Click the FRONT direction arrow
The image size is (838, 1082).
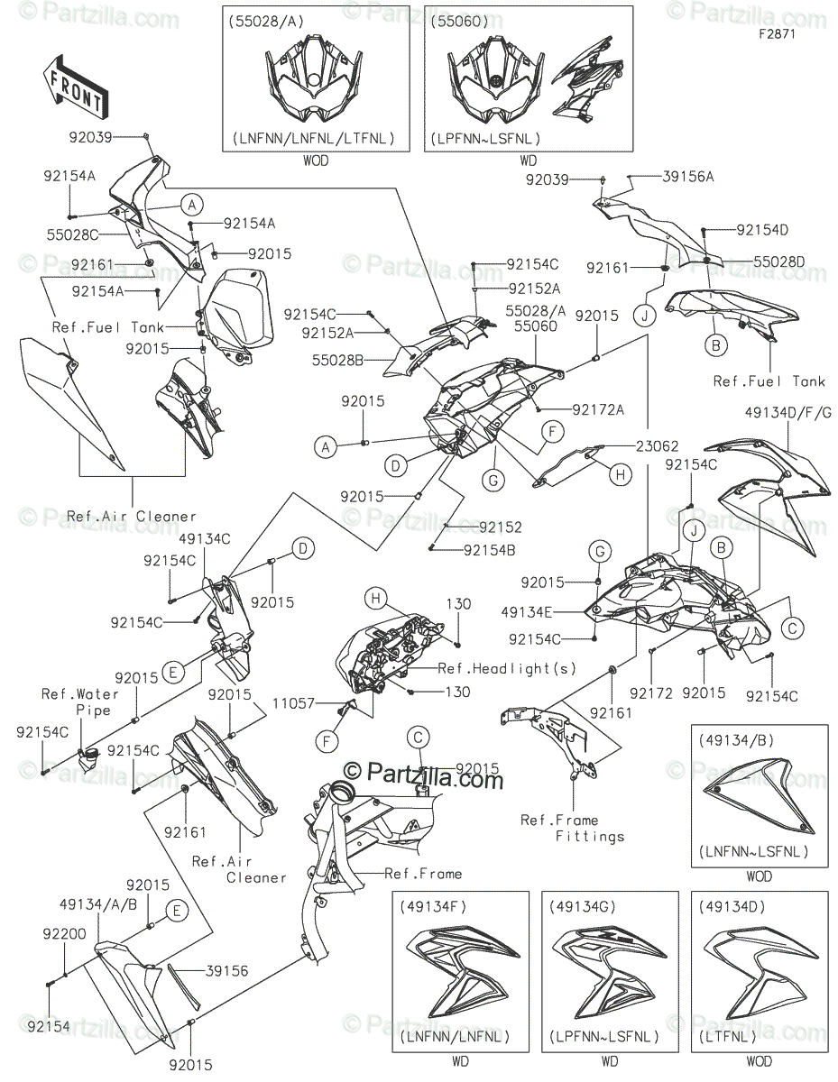tap(76, 87)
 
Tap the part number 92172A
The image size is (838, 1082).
tap(597, 408)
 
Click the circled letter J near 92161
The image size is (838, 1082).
tap(645, 316)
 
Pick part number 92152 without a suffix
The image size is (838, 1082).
tap(501, 527)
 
